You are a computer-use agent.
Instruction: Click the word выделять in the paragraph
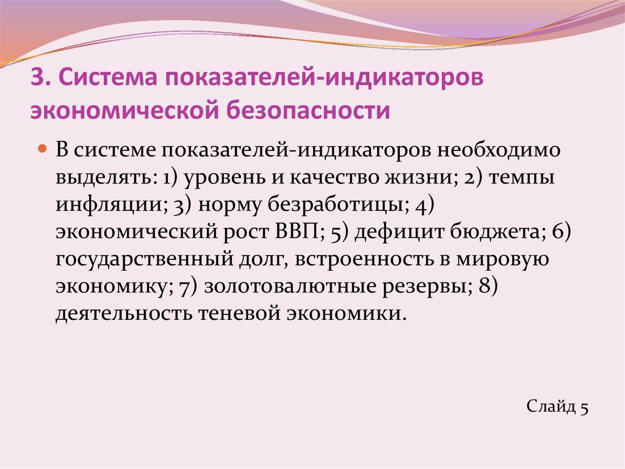(104, 178)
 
